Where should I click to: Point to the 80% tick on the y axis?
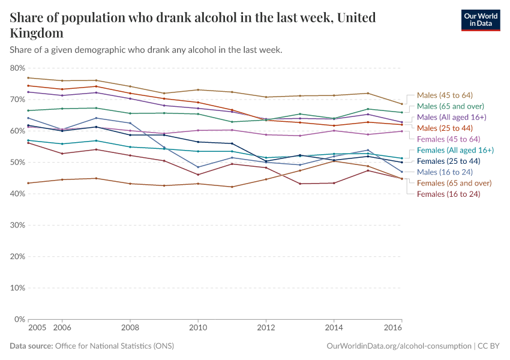pos(16,68)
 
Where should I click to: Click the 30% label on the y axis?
pos(16,225)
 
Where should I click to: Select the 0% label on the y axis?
pos(18,319)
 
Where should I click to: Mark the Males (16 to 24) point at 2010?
pos(198,167)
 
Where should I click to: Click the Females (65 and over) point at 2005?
pos(28,183)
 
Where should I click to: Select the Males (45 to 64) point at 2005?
pos(28,78)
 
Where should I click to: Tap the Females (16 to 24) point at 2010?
pos(198,175)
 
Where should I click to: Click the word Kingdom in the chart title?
pos(37,33)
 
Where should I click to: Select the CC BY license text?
pos(489,346)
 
